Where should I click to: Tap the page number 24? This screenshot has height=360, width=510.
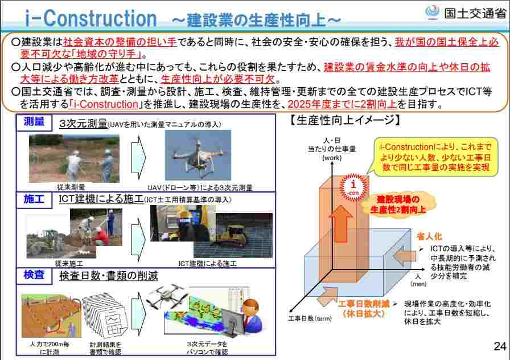(499, 346)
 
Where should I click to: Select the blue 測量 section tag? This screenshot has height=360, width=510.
(34, 122)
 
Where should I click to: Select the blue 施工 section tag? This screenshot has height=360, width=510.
(34, 199)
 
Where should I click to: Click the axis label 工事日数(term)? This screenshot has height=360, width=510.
(310, 319)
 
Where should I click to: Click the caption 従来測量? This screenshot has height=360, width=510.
(71, 187)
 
